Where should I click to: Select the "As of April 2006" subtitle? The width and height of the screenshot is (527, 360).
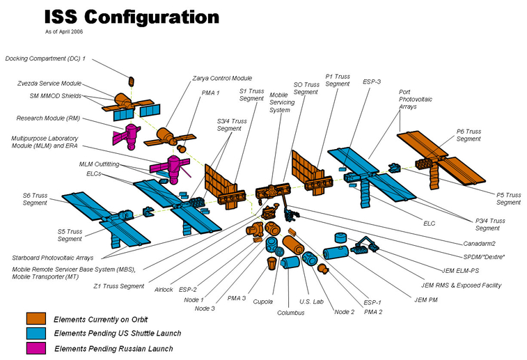68,32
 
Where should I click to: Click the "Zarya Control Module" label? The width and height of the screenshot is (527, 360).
221,78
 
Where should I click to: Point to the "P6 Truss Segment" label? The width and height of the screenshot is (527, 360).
469,135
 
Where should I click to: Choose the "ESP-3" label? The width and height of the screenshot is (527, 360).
372,81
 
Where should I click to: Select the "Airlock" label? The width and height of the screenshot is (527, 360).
164,288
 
